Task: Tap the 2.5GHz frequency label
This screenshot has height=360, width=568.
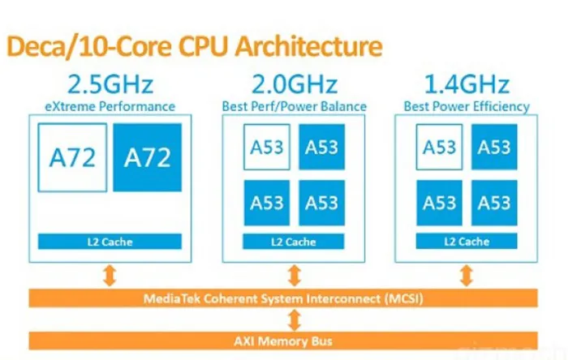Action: (x=111, y=85)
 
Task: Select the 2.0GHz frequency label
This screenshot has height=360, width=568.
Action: (x=293, y=85)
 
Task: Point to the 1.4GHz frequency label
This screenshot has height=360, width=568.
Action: (x=466, y=85)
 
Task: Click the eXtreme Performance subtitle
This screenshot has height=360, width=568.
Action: (x=111, y=105)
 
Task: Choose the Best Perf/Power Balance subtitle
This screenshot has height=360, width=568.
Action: (x=293, y=106)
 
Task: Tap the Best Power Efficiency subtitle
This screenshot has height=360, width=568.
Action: (x=466, y=106)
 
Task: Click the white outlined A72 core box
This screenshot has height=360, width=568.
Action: (x=72, y=157)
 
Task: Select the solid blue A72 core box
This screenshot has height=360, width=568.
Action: (x=148, y=157)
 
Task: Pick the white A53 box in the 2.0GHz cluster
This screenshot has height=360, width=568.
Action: (x=267, y=148)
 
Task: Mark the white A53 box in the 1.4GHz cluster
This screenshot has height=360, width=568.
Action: (x=441, y=148)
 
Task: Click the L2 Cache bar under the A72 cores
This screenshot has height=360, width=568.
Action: (x=110, y=242)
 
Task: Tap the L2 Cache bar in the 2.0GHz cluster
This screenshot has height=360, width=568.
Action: (x=293, y=242)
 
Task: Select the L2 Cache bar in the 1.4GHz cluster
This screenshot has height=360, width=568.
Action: (x=467, y=242)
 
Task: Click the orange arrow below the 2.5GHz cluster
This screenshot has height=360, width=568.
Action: (x=111, y=275)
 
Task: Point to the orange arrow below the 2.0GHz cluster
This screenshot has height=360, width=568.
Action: (x=293, y=275)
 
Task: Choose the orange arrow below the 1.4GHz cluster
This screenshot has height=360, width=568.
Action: (x=467, y=275)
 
